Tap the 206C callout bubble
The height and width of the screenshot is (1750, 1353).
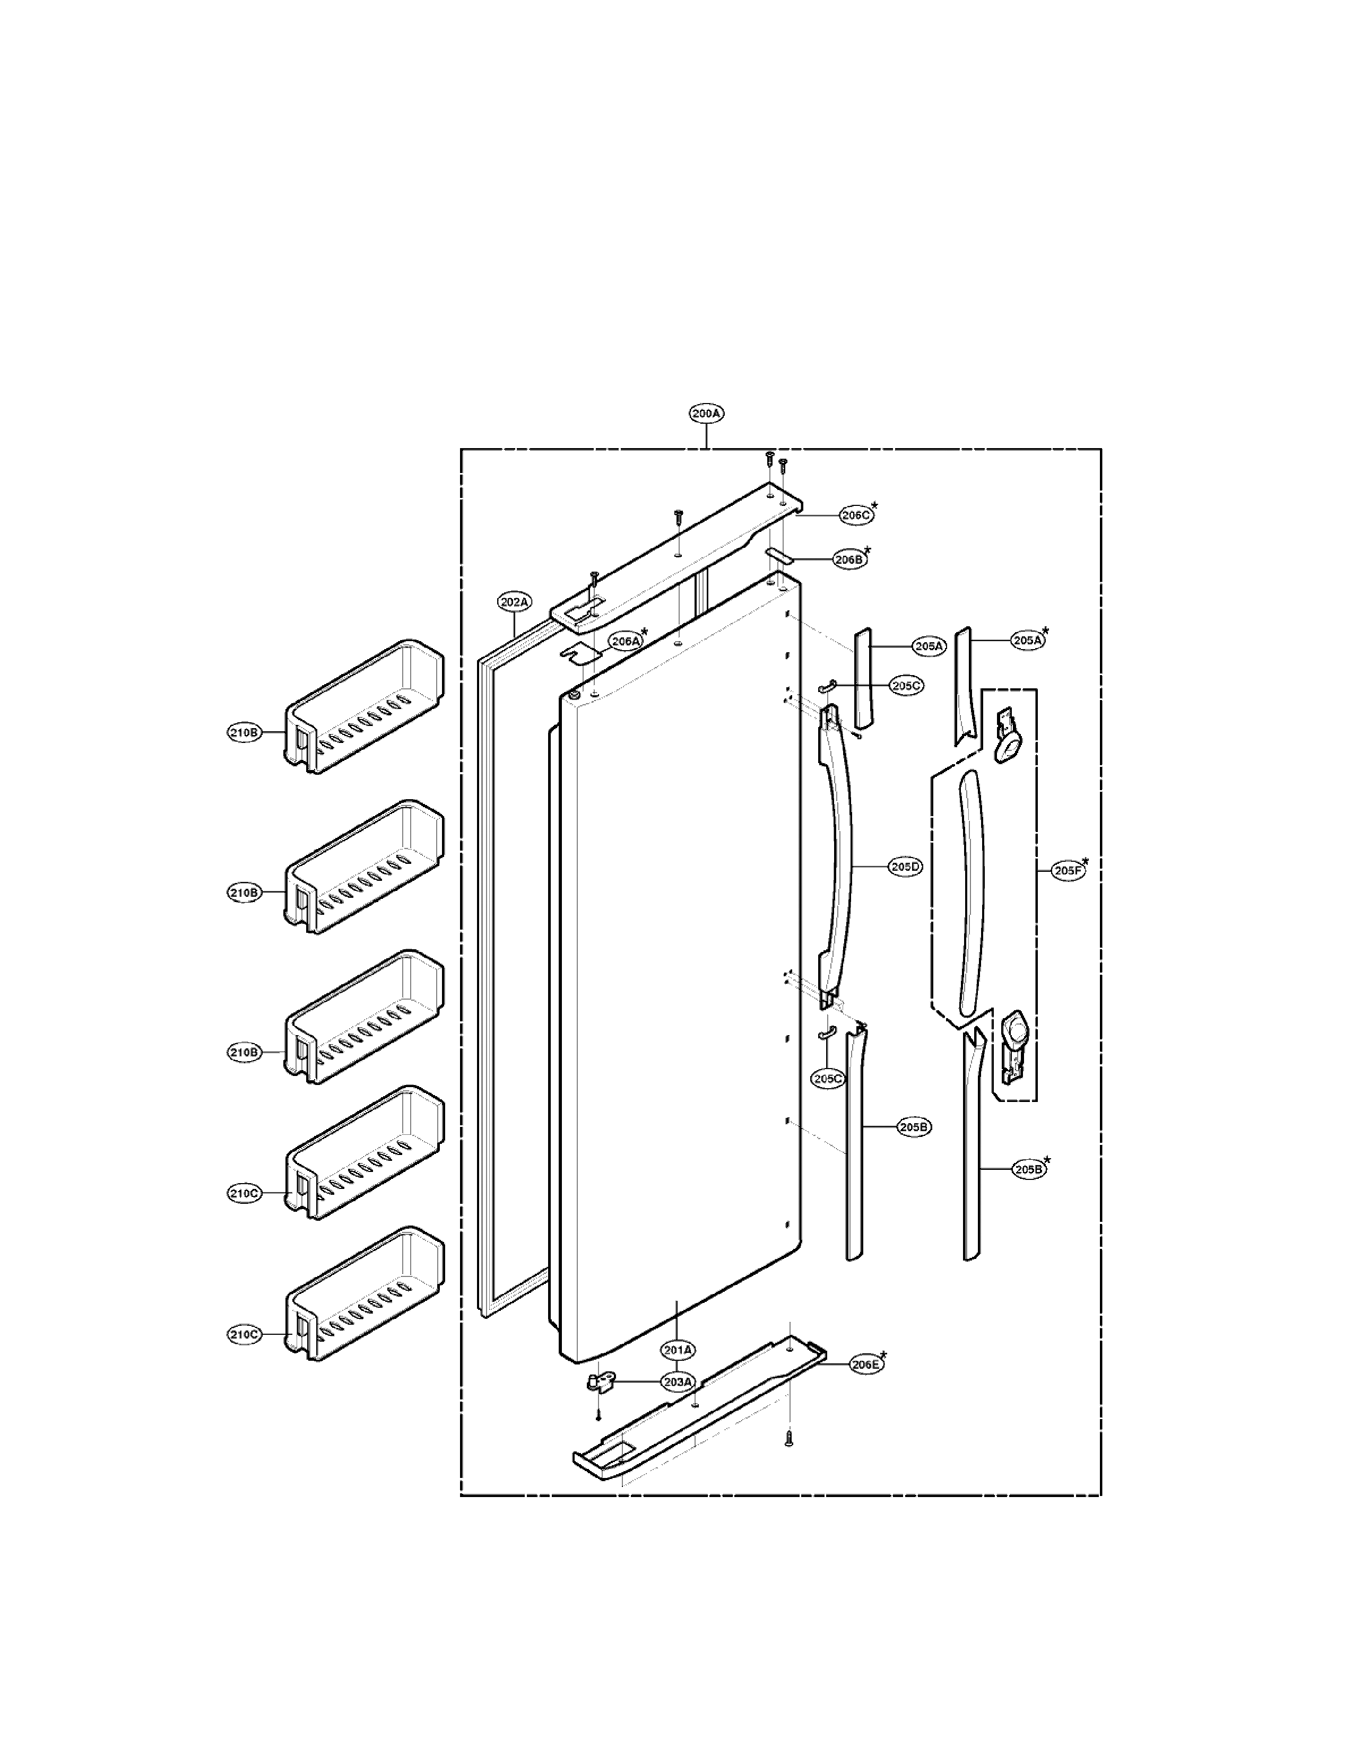856,515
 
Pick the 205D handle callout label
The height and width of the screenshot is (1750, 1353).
906,867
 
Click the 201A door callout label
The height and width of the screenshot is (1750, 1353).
678,1350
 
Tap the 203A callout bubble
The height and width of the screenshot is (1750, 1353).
678,1382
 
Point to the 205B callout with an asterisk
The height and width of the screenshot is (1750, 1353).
1029,1169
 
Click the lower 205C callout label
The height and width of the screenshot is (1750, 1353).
828,1079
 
